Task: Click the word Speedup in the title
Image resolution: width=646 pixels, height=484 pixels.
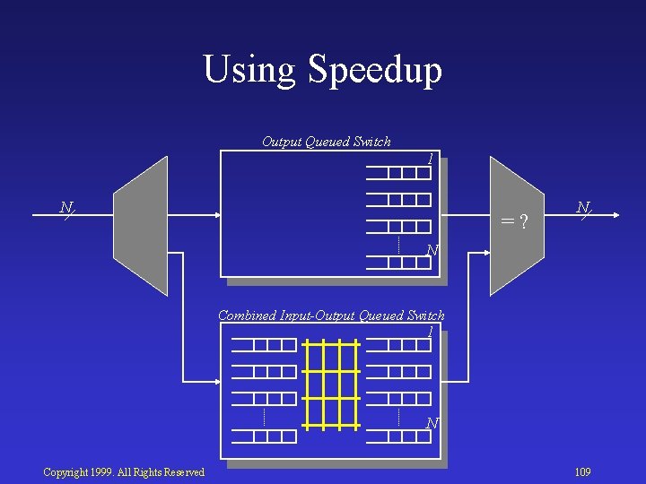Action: point(374,71)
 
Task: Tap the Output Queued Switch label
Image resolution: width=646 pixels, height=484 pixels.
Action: point(326,141)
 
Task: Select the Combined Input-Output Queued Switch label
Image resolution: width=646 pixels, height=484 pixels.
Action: point(331,315)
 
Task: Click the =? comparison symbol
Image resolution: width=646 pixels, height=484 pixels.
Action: point(513,220)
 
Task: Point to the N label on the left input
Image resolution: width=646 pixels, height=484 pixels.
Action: point(65,208)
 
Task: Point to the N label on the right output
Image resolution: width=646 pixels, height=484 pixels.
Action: point(582,208)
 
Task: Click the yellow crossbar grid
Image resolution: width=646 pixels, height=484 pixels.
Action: point(332,383)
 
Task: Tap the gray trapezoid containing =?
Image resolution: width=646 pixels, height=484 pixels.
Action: point(517,226)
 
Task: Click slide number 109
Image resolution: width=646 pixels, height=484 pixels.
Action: point(582,472)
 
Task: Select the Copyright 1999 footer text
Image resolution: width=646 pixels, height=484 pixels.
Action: point(124,472)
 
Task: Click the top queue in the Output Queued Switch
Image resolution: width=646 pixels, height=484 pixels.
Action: point(398,173)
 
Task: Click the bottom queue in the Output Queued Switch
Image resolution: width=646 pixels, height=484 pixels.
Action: point(398,263)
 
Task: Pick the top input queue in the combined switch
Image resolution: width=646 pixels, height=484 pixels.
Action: point(263,345)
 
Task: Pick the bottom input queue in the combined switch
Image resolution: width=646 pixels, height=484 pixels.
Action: point(263,436)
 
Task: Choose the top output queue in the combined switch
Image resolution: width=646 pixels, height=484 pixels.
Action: point(398,345)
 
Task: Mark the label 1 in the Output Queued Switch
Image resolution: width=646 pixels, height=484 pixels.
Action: point(431,159)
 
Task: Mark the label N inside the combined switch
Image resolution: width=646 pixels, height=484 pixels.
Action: point(432,423)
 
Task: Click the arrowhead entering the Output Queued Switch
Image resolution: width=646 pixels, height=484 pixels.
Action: point(217,215)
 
